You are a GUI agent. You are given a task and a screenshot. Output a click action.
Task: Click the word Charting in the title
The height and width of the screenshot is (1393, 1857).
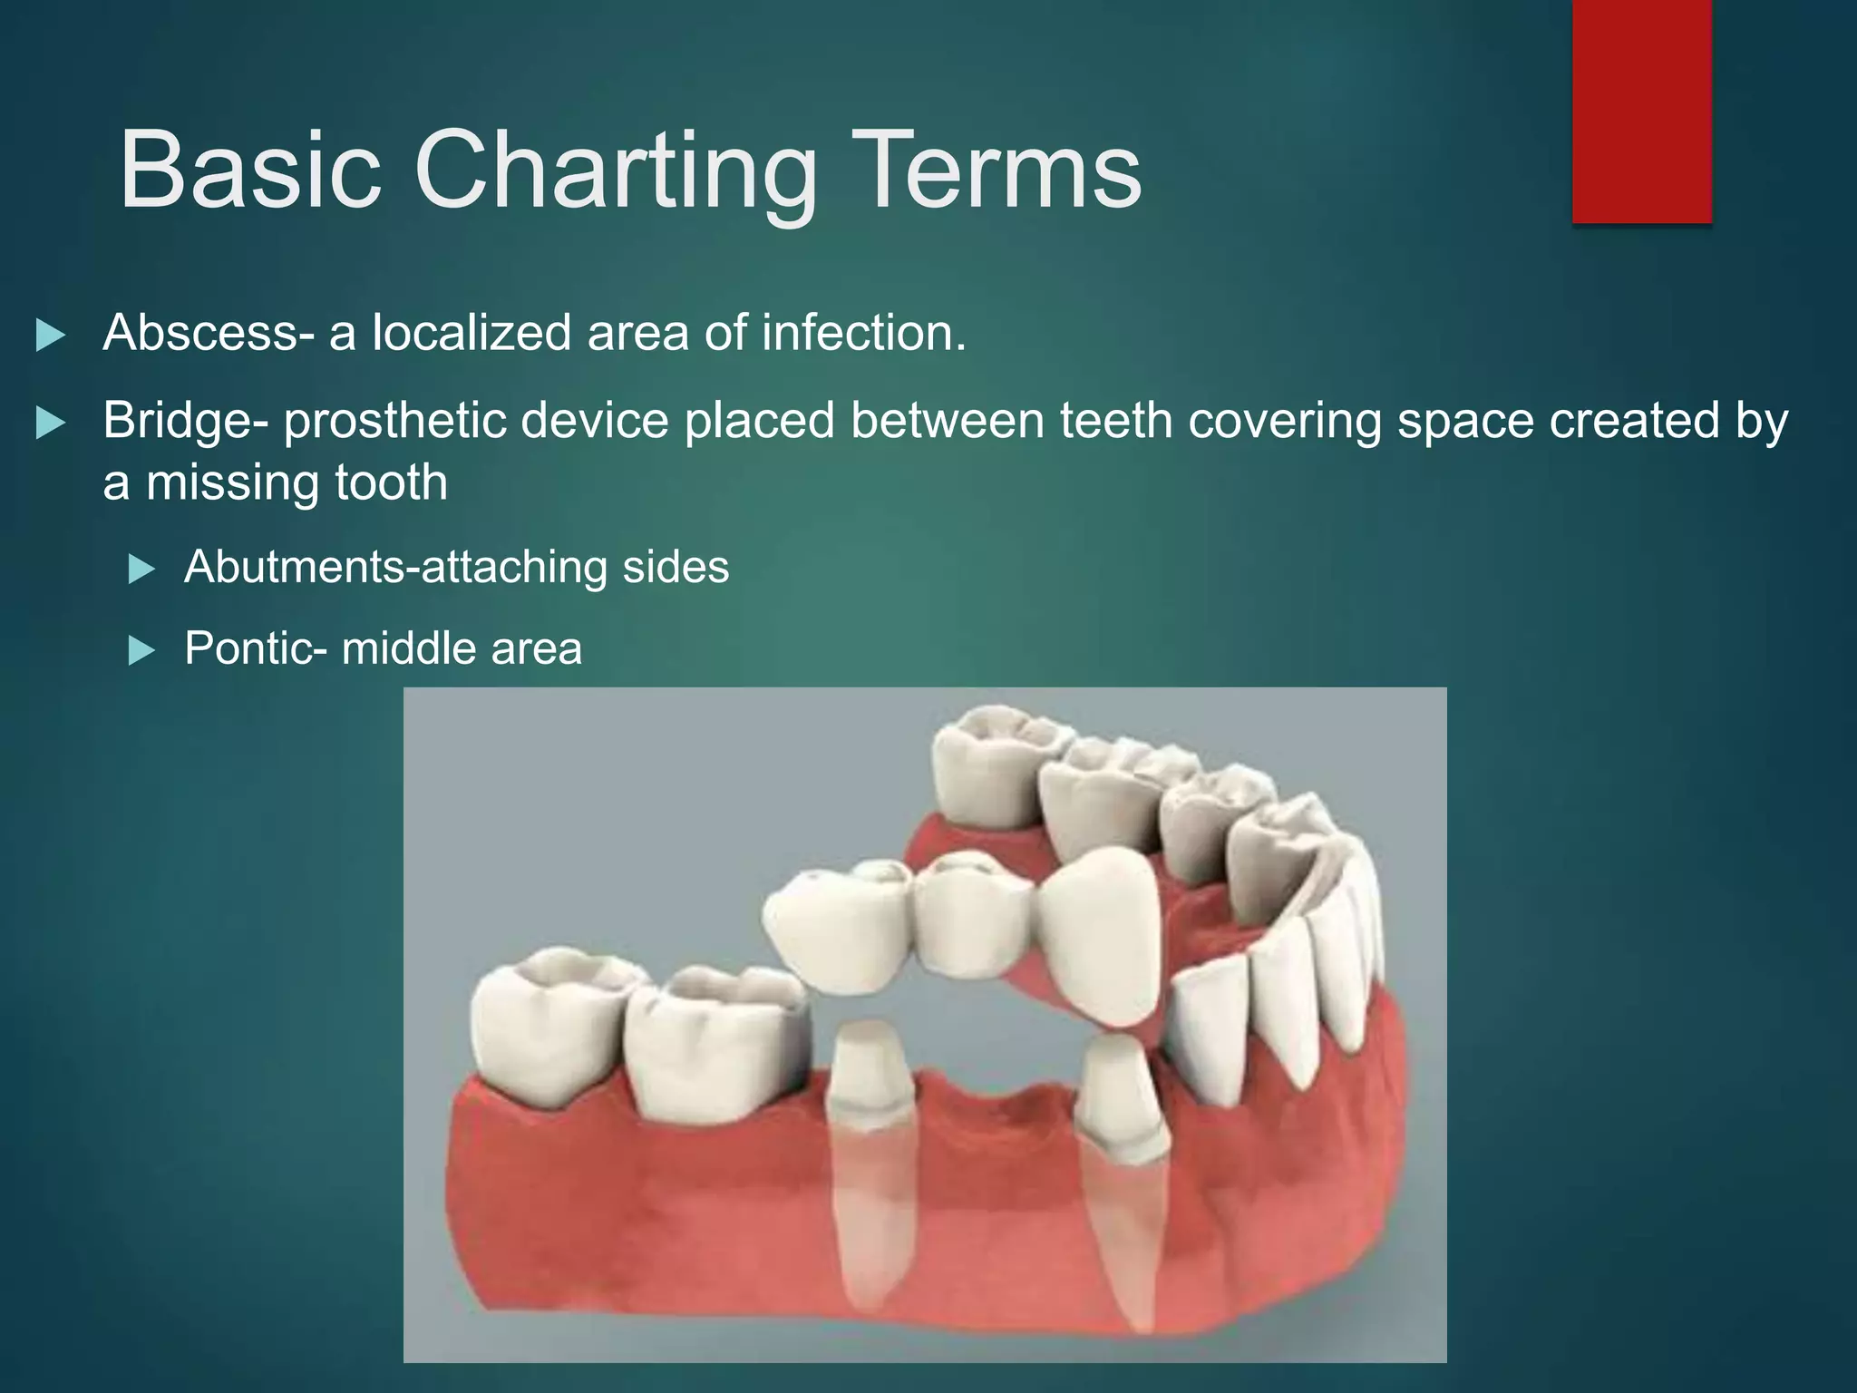[616, 170]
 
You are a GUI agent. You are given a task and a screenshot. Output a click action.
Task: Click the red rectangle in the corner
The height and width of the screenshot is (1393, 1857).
[1641, 111]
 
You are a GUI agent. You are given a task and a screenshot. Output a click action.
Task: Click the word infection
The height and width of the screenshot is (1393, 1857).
[863, 333]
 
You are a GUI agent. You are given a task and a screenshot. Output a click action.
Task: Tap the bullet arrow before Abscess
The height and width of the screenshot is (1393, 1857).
[51, 336]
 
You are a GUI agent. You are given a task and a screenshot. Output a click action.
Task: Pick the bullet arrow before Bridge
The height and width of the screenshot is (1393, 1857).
[51, 424]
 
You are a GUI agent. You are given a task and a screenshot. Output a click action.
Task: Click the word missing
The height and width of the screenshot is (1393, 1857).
[232, 482]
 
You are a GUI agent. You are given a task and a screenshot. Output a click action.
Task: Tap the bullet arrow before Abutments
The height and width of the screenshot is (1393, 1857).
[141, 570]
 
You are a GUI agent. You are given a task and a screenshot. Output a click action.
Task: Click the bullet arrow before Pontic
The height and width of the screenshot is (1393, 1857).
[141, 651]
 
